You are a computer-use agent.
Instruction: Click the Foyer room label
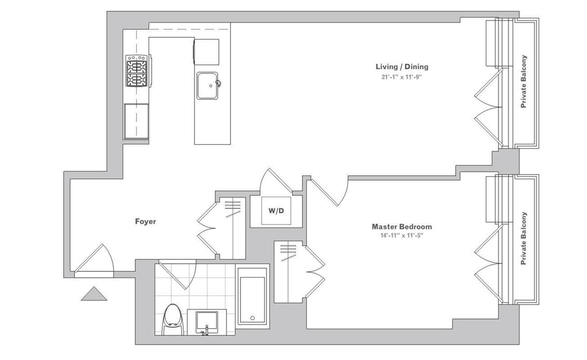tap(146, 221)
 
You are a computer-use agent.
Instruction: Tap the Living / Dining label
tap(402, 66)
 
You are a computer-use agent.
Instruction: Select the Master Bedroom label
tap(402, 227)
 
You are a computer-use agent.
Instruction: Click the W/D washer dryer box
tap(276, 211)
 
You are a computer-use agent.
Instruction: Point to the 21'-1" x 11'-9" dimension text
tap(401, 77)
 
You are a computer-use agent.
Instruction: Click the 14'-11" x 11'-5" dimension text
tap(402, 236)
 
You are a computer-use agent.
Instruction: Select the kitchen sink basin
tap(207, 86)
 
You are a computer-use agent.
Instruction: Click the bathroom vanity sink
tap(206, 322)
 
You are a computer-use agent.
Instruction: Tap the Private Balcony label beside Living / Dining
tap(524, 81)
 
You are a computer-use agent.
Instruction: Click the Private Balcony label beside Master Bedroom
tap(524, 238)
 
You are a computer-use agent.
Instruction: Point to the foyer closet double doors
tap(207, 228)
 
